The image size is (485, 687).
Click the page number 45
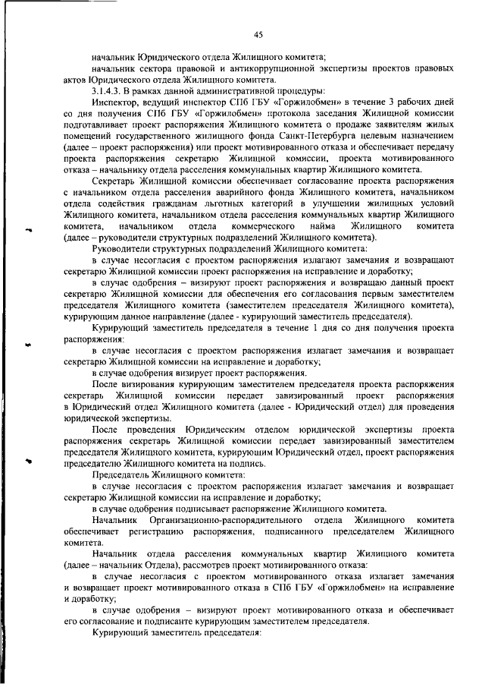258,33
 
